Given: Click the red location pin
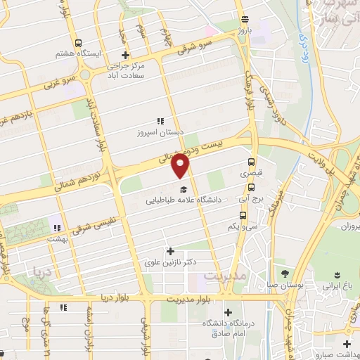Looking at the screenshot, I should pyautogui.click(x=181, y=167).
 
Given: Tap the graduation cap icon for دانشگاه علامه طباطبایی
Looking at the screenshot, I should pyautogui.click(x=184, y=189).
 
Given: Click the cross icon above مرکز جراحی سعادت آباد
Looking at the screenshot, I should pyautogui.click(x=125, y=55).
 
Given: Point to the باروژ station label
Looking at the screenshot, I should pyautogui.click(x=243, y=31).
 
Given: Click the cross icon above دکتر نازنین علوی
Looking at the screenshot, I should pyautogui.click(x=169, y=250).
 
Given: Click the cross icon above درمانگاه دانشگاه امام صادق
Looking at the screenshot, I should pyautogui.click(x=227, y=312).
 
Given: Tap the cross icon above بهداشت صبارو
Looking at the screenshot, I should pyautogui.click(x=346, y=343).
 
